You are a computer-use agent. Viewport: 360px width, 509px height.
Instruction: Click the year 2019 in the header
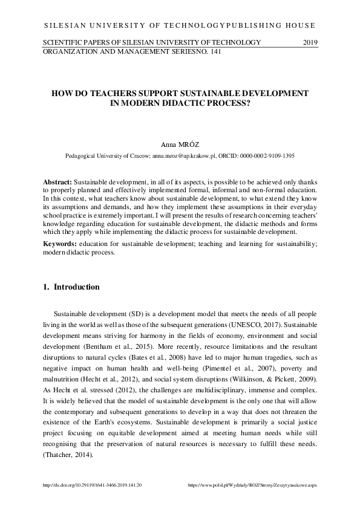309,42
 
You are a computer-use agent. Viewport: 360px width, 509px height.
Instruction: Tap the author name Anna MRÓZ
180,146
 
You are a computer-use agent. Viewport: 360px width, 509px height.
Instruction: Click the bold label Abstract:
57,181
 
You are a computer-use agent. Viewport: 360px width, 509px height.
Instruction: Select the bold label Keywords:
59,243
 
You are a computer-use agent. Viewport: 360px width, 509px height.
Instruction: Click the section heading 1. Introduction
71,287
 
